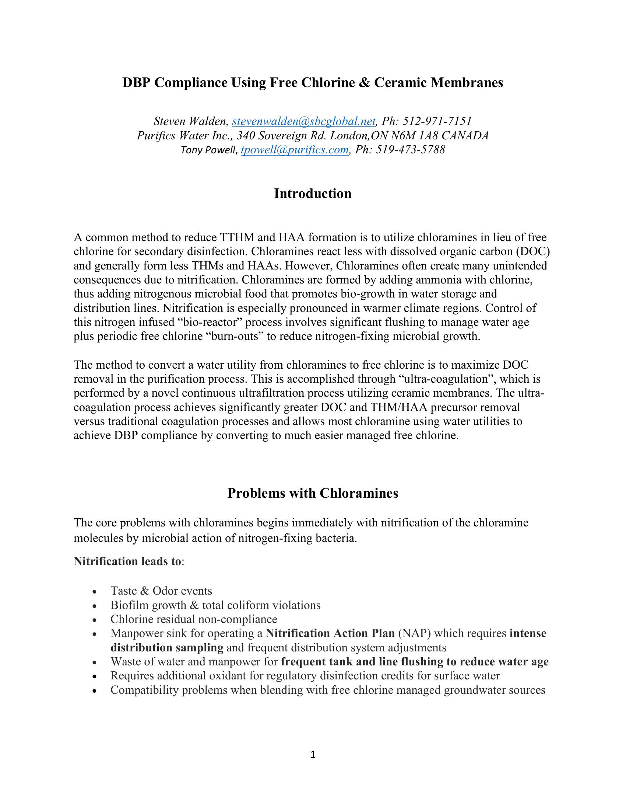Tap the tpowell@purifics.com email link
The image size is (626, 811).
pyautogui.click(x=295, y=150)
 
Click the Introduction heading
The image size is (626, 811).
pyautogui.click(x=313, y=194)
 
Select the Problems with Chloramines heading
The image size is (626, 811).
pyautogui.click(x=313, y=493)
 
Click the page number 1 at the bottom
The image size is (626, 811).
pyautogui.click(x=313, y=754)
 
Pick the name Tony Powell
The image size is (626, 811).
pyautogui.click(x=208, y=150)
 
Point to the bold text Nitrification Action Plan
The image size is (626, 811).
pyautogui.click(x=330, y=633)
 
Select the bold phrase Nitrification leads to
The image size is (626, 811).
pyautogui.click(x=127, y=561)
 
